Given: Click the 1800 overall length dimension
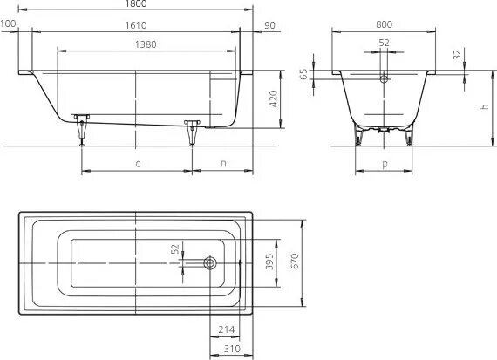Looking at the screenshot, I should coord(136,4).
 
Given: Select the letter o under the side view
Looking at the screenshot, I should coord(137,163).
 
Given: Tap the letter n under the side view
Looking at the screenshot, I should coord(222,163).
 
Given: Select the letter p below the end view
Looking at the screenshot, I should coord(385,163).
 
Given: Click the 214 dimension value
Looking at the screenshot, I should coord(226,329).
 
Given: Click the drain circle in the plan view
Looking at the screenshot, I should coord(209,262).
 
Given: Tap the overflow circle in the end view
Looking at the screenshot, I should coord(385,78).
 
